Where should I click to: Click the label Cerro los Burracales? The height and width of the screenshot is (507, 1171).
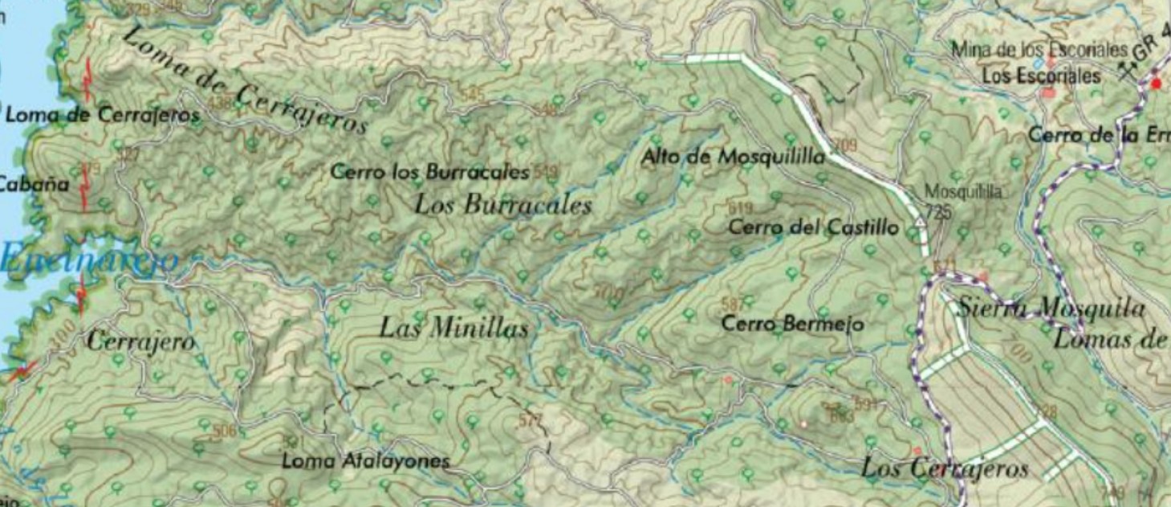(429, 172)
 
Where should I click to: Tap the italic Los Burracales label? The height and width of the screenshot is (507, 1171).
(502, 205)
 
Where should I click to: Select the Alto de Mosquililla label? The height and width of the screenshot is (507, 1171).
(732, 157)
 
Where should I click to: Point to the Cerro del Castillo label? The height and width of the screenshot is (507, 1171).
(812, 228)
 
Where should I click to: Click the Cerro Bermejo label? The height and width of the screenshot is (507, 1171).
(792, 325)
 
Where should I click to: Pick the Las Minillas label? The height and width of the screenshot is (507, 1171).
(453, 328)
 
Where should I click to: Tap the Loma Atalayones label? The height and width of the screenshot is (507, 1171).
(365, 462)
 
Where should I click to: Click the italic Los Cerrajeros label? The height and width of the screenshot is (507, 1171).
(944, 468)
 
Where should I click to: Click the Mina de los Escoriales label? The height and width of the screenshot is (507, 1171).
(1039, 50)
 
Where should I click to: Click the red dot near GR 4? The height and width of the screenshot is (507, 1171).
(1157, 83)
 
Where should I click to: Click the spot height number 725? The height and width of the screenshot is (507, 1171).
(938, 211)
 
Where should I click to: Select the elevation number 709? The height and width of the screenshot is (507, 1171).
(845, 145)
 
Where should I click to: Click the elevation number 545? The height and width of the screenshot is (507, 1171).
(474, 96)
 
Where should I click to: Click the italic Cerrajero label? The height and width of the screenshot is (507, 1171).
(140, 342)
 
